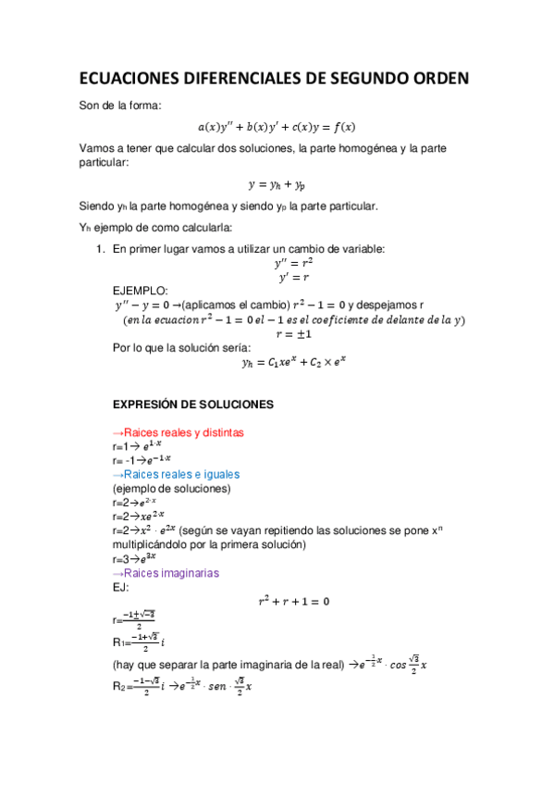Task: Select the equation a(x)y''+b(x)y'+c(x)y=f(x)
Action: (277, 127)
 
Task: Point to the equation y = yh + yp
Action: (277, 184)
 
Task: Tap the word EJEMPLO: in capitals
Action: (140, 291)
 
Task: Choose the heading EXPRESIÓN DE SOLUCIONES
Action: (191, 405)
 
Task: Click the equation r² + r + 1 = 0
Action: (292, 602)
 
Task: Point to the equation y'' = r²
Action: (287, 263)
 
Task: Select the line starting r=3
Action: (129, 559)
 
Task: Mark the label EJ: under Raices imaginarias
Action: (120, 587)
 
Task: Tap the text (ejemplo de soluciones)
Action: (171, 488)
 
